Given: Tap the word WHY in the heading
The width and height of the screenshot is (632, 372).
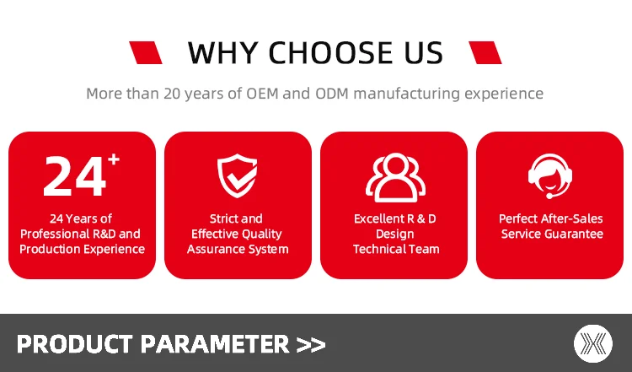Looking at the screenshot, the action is (x=223, y=53).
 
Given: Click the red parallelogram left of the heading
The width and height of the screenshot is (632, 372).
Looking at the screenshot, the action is (x=146, y=52).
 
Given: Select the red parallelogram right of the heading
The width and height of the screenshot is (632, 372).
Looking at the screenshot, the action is (x=485, y=52).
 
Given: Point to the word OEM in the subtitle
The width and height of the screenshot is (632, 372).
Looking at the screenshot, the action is (x=262, y=94).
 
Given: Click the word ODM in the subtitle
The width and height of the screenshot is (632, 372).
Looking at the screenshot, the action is (x=332, y=94).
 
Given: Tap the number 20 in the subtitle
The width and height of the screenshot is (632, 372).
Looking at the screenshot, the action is (x=172, y=94).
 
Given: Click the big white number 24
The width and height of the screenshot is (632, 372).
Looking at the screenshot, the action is (x=74, y=176).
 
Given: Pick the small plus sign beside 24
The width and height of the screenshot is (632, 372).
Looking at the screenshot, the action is (x=114, y=159).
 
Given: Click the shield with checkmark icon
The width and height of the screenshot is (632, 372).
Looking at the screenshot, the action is (x=237, y=175).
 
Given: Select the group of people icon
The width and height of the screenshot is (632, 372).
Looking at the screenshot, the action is (x=396, y=177).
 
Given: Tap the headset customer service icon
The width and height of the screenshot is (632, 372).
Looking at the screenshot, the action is (x=550, y=176).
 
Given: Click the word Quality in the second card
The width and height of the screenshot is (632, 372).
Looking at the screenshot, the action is (x=264, y=235).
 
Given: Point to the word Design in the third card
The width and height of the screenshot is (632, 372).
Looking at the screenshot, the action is (x=395, y=234).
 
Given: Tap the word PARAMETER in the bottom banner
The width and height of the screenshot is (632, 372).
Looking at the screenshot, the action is (x=215, y=344).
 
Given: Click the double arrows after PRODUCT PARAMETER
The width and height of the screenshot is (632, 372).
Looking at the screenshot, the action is (x=311, y=345).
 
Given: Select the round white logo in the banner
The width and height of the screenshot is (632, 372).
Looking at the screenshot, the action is (x=593, y=344).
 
